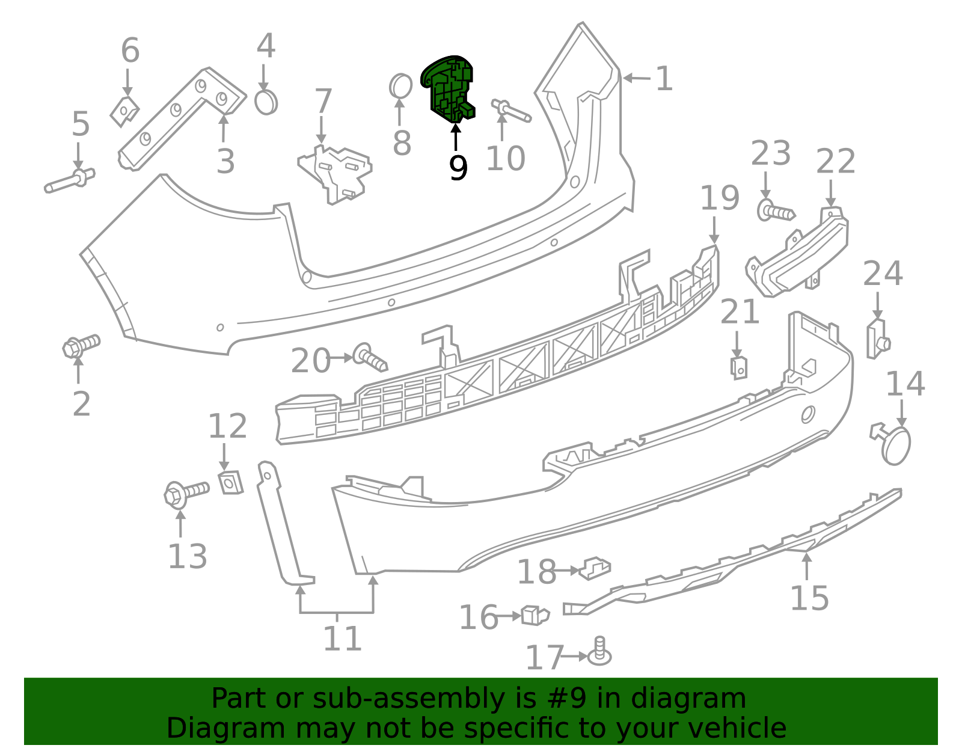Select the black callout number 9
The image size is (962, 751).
(x=458, y=168)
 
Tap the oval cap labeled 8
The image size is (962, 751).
(x=400, y=86)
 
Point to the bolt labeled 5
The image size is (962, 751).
(x=69, y=180)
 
